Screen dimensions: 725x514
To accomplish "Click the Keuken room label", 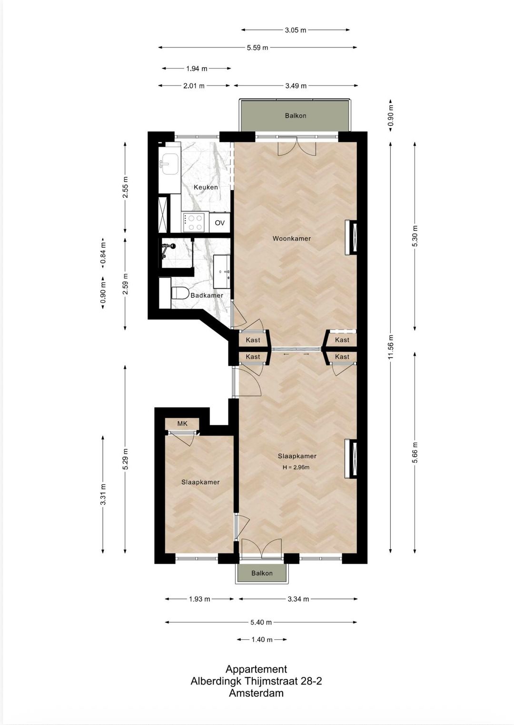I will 206,187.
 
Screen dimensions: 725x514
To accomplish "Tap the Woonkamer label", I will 291,238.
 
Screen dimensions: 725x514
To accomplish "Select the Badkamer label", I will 207,295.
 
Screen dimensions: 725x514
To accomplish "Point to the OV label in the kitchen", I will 219,222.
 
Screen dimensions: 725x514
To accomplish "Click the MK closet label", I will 182,423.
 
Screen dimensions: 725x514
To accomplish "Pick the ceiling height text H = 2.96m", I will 296,467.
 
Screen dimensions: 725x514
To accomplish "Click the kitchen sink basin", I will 168,163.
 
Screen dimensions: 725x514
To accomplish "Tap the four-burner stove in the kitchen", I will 194,222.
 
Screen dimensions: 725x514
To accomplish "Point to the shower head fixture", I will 168,247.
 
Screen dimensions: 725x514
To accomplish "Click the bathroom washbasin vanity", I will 222,272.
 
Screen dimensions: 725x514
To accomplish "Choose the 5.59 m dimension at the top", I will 257,48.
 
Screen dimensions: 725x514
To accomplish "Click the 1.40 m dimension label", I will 262,640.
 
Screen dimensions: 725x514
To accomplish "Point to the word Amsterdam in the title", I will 256,693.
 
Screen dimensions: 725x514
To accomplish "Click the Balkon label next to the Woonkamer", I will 296,116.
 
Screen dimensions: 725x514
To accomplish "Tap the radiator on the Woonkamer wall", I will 353,237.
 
